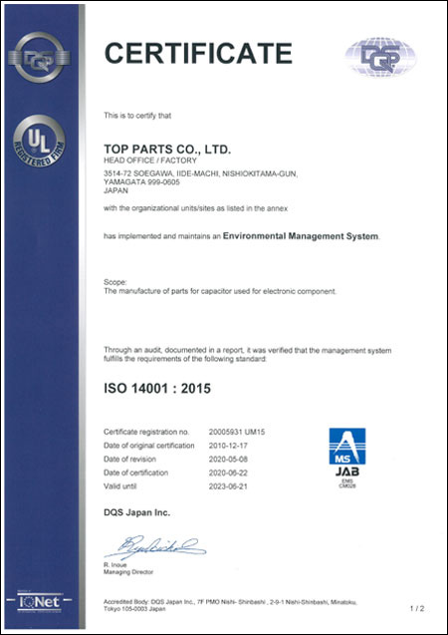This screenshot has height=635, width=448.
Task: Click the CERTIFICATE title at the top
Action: point(199,53)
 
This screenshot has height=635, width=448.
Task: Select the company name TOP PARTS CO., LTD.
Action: point(166,149)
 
